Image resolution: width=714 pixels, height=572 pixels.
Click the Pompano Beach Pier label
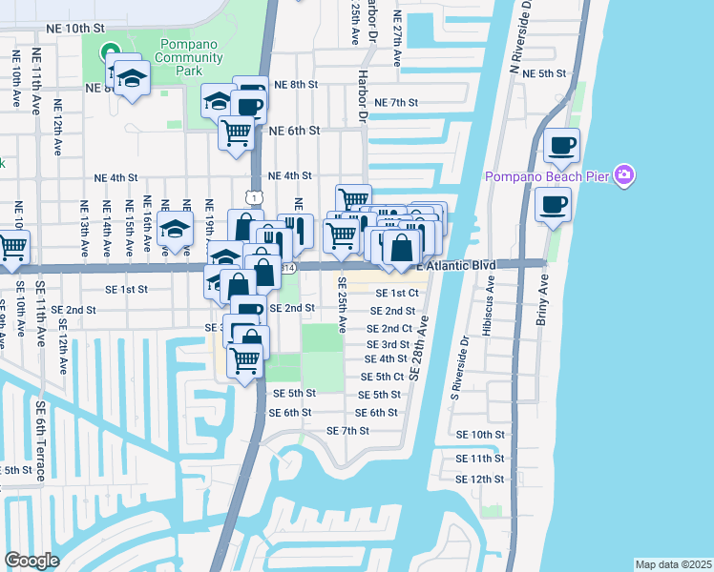[x=548, y=176]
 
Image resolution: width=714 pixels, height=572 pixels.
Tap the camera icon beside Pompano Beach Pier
[x=625, y=174]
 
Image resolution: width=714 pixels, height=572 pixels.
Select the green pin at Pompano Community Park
[x=111, y=51]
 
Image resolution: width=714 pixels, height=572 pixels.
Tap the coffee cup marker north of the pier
[x=560, y=146]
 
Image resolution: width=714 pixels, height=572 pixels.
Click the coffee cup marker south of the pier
[x=553, y=203]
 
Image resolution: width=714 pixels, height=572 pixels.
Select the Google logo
[x=31, y=561]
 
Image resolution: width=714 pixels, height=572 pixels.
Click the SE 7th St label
[x=347, y=431]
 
